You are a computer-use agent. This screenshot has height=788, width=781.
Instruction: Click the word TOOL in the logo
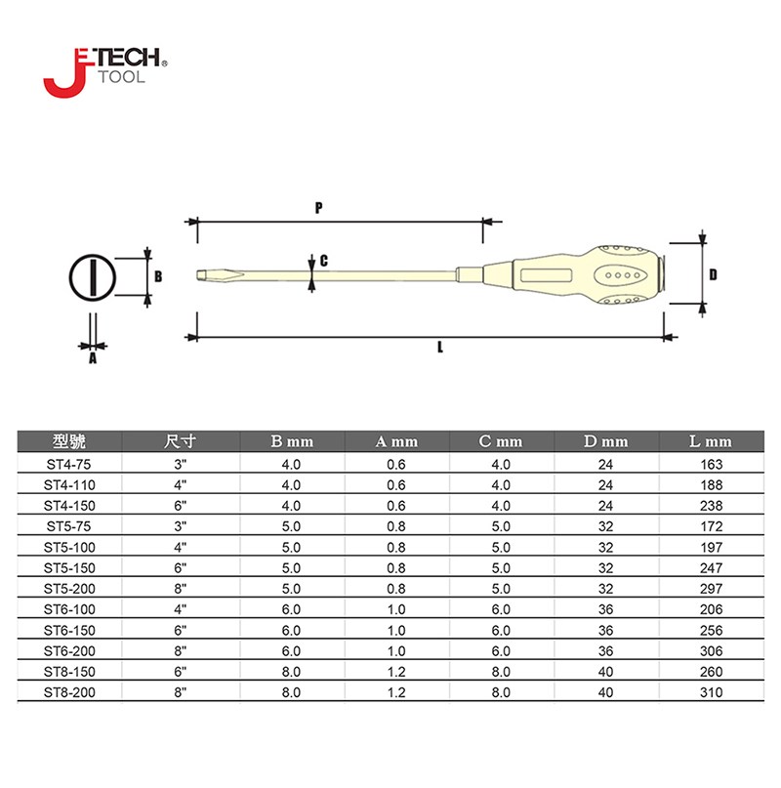(121, 77)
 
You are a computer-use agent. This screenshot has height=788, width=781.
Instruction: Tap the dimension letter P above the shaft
(318, 208)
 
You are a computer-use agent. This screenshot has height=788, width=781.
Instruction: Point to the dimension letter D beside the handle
(713, 274)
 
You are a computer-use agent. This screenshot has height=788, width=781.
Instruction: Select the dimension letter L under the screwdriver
(440, 348)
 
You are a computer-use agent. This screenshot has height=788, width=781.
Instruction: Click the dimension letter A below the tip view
(93, 358)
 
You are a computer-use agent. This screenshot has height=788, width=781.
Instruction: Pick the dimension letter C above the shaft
(324, 261)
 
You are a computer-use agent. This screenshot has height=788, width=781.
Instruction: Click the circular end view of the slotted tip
(93, 277)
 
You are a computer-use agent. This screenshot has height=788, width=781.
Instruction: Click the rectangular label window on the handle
(547, 275)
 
